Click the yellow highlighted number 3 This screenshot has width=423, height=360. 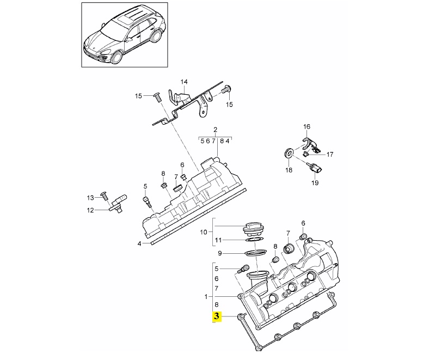coord(217,316)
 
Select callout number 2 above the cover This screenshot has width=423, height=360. coord(215,130)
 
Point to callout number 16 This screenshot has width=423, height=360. coord(306,127)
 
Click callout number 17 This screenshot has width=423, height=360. coord(330,154)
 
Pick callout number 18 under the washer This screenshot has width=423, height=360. coord(289,170)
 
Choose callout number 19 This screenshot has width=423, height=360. coord(315,182)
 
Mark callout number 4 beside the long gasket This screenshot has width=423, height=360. coord(139,243)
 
